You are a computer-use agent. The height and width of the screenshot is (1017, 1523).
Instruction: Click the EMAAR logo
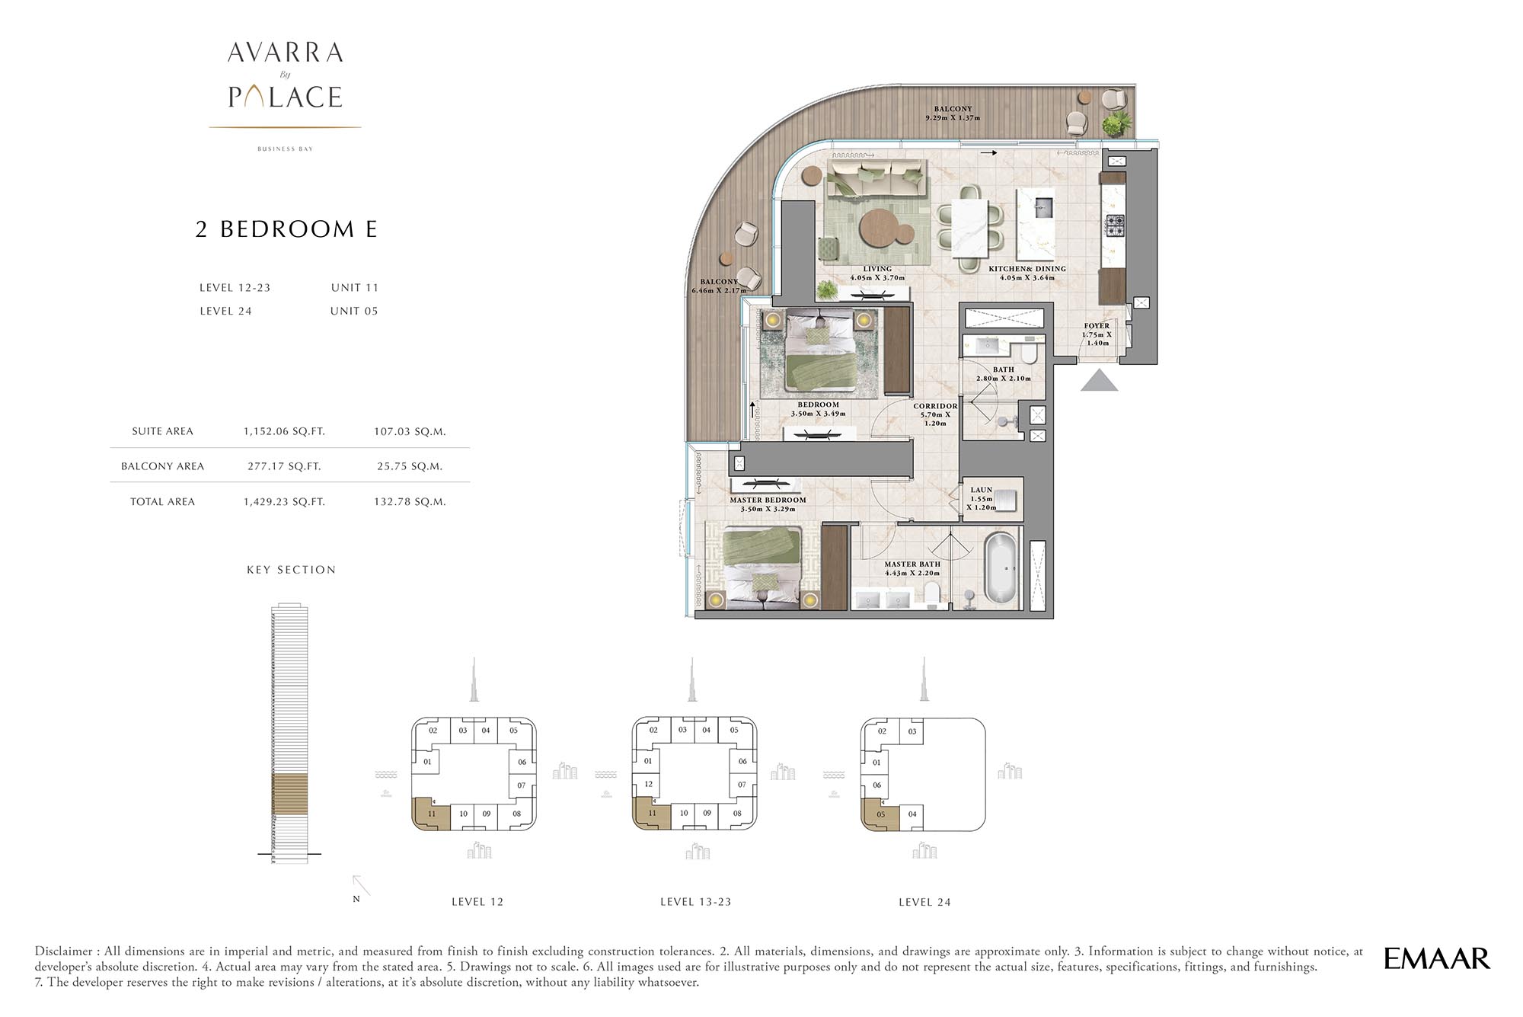(x=1436, y=958)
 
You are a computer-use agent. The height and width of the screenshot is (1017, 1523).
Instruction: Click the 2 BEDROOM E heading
(x=286, y=229)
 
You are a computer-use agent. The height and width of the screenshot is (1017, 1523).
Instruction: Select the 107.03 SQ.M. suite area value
(x=410, y=431)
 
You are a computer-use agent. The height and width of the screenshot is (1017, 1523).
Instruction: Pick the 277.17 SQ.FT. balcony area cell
(x=284, y=466)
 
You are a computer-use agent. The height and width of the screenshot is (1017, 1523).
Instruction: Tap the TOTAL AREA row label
(x=162, y=501)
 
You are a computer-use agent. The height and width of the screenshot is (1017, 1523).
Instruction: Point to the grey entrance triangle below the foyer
(x=1099, y=380)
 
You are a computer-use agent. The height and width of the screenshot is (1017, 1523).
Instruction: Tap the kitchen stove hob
(x=1114, y=225)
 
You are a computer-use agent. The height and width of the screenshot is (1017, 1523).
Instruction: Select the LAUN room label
(x=982, y=490)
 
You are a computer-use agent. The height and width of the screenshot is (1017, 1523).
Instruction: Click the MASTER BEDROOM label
(x=768, y=501)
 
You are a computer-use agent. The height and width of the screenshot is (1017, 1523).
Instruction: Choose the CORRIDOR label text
(x=935, y=406)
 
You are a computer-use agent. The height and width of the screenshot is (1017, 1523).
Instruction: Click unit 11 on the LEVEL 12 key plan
(x=432, y=814)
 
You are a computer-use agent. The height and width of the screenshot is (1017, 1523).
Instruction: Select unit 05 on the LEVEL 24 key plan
(x=881, y=814)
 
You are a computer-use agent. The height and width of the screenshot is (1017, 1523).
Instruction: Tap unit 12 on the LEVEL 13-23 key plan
(x=648, y=783)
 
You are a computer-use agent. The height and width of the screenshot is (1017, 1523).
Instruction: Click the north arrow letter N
(x=356, y=899)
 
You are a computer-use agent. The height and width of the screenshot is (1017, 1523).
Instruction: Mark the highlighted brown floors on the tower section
(x=290, y=793)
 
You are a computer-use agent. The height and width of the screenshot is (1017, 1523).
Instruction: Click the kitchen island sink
(x=1042, y=206)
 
